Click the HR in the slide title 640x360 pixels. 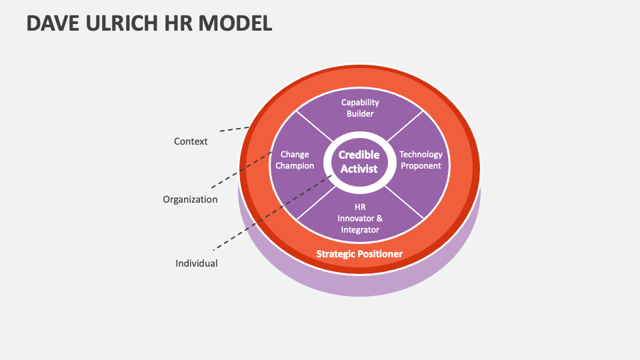click(x=176, y=23)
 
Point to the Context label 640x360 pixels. click(x=191, y=141)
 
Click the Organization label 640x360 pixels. click(x=190, y=199)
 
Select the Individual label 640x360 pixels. click(x=197, y=263)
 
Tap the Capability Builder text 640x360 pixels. click(x=360, y=108)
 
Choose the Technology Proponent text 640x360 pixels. click(x=421, y=160)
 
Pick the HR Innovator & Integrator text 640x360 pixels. click(x=359, y=219)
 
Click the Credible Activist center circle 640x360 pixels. click(x=359, y=161)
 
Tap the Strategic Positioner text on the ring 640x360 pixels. click(x=359, y=254)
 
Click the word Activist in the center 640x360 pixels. click(x=359, y=169)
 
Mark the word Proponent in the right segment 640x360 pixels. click(x=421, y=166)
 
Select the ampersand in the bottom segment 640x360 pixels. click(x=379, y=219)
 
